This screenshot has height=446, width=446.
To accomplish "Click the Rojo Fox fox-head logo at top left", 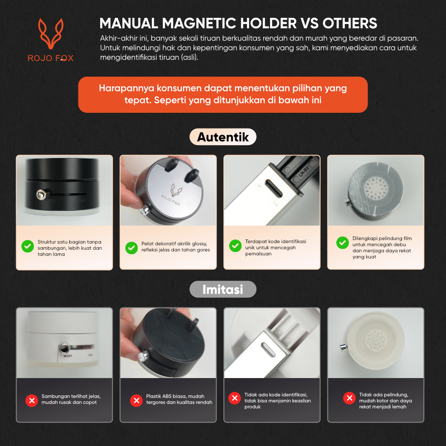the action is click(x=51, y=34).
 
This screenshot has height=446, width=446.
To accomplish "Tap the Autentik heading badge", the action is click(x=223, y=137).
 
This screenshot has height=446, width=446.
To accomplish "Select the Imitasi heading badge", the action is click(x=223, y=289).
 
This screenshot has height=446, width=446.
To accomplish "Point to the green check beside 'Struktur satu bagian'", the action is click(x=27, y=247).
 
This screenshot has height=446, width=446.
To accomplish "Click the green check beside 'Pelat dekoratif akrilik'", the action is click(x=132, y=248).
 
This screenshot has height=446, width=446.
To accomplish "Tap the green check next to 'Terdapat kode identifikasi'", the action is click(x=235, y=246).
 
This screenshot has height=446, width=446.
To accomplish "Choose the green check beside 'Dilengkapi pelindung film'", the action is click(x=342, y=243).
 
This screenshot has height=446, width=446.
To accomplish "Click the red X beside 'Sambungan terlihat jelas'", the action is click(x=31, y=401).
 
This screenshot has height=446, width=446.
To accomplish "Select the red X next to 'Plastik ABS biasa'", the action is click(x=136, y=401).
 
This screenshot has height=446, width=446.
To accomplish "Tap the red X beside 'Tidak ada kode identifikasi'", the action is click(x=235, y=398).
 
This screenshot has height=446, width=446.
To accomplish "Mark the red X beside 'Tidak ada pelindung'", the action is click(x=349, y=398).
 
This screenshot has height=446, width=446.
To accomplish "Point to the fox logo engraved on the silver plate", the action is click(x=176, y=190).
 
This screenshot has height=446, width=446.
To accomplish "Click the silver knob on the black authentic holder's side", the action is click(x=41, y=195).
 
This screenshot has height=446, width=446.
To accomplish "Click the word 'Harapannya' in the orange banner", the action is click(x=126, y=88).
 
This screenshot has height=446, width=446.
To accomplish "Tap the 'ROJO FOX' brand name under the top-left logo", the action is click(x=51, y=58).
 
